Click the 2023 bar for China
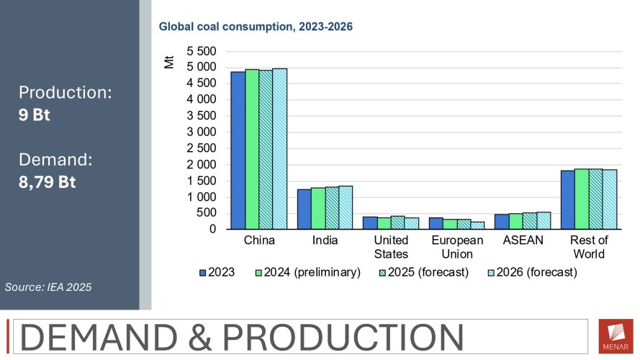click(238, 150)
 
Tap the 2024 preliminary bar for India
click(318, 209)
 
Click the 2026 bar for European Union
click(478, 225)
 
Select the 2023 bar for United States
click(370, 222)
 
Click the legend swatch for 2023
click(203, 273)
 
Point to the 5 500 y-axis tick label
click(201, 51)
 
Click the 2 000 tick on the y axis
click(201, 165)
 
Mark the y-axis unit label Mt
click(169, 61)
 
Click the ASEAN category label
click(528, 240)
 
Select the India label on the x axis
click(325, 240)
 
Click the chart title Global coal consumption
click(255, 27)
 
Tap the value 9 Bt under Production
click(35, 114)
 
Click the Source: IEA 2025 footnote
click(48, 287)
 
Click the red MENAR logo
click(616, 336)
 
